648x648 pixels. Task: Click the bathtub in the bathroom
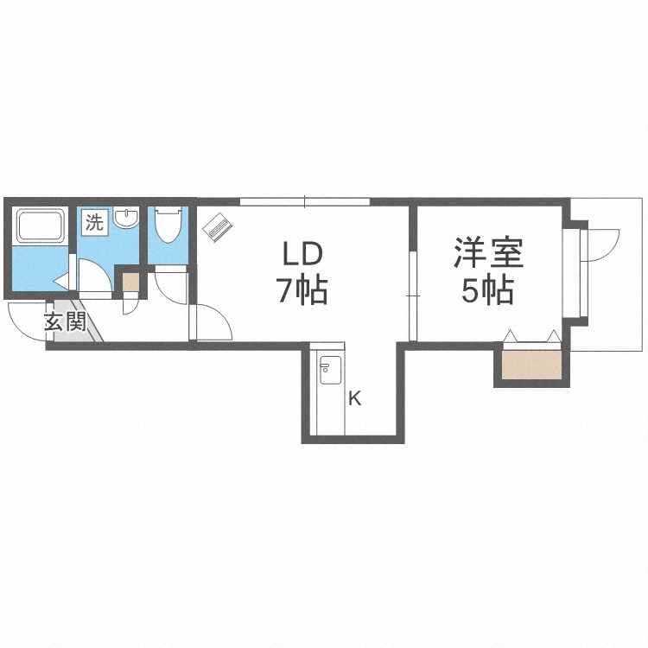40,226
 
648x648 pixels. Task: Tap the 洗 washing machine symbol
95,223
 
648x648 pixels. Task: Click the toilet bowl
168,225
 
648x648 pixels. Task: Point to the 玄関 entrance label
66,321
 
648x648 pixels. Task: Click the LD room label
302,254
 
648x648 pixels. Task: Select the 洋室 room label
489,252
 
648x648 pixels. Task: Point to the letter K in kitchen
354,399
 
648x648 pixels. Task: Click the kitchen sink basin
330,371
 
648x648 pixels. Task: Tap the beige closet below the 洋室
532,365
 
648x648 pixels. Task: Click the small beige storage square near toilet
130,283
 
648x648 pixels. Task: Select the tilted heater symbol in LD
218,227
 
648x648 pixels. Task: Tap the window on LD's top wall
305,202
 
